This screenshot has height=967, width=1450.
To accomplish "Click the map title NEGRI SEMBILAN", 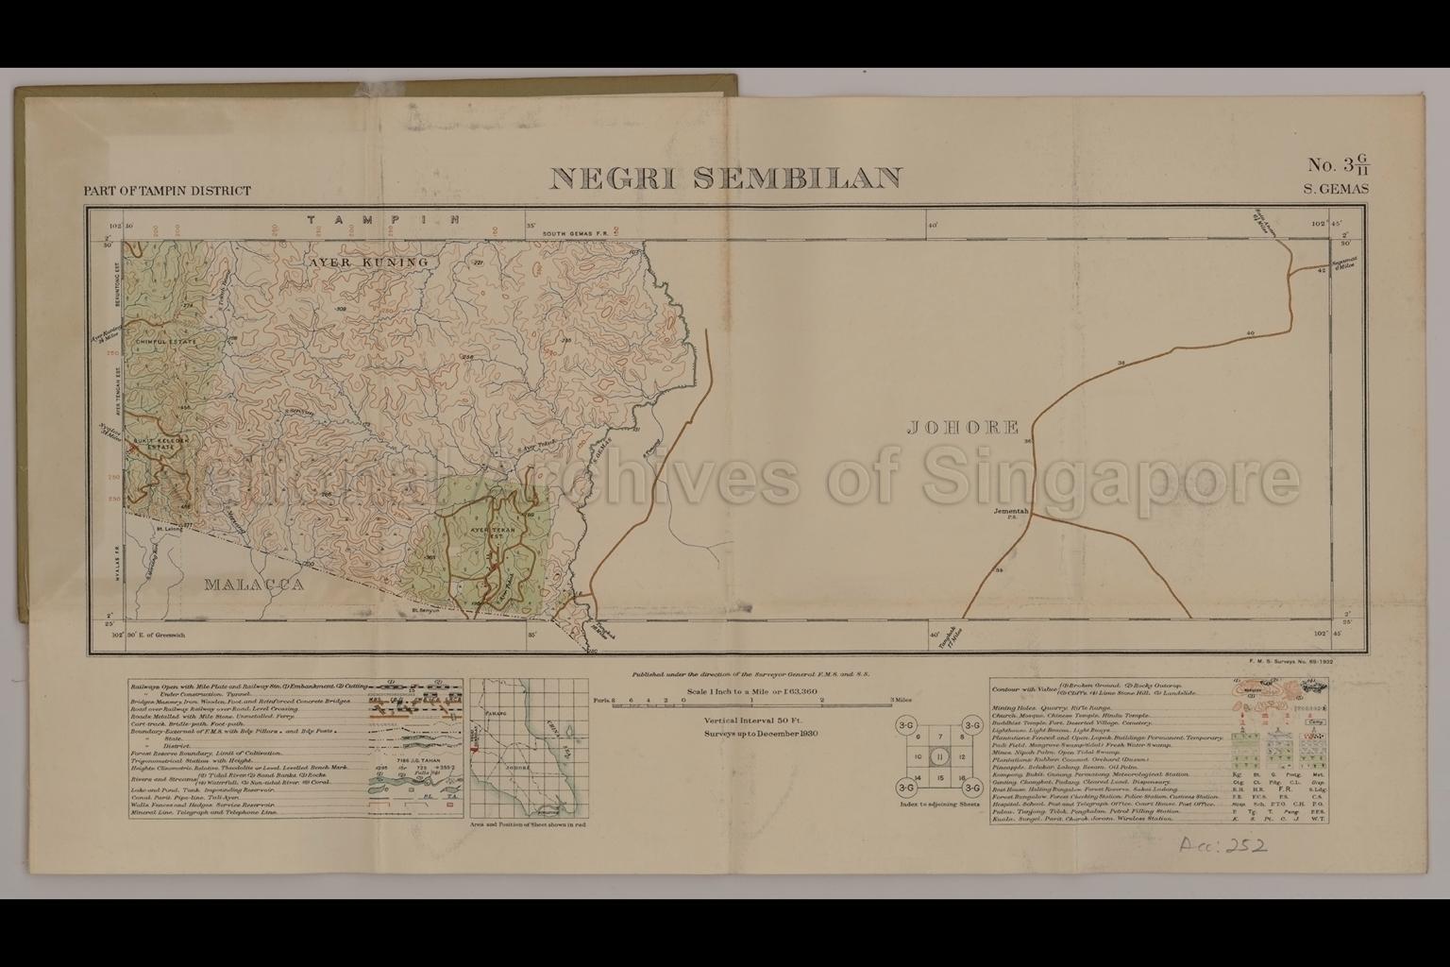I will pyautogui.click(x=725, y=178).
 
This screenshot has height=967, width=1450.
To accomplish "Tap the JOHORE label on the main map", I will pyautogui.click(x=963, y=428).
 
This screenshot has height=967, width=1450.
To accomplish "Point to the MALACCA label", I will pyautogui.click(x=255, y=585).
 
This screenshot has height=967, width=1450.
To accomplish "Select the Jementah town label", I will pyautogui.click(x=1009, y=510).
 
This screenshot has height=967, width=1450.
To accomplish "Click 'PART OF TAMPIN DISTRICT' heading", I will pyautogui.click(x=167, y=191).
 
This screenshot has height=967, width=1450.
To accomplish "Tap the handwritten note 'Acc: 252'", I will pyautogui.click(x=1222, y=843).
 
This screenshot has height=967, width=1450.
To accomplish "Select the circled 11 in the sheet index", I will pyautogui.click(x=938, y=756).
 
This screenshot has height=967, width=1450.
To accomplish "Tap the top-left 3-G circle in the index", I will pyautogui.click(x=906, y=724).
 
